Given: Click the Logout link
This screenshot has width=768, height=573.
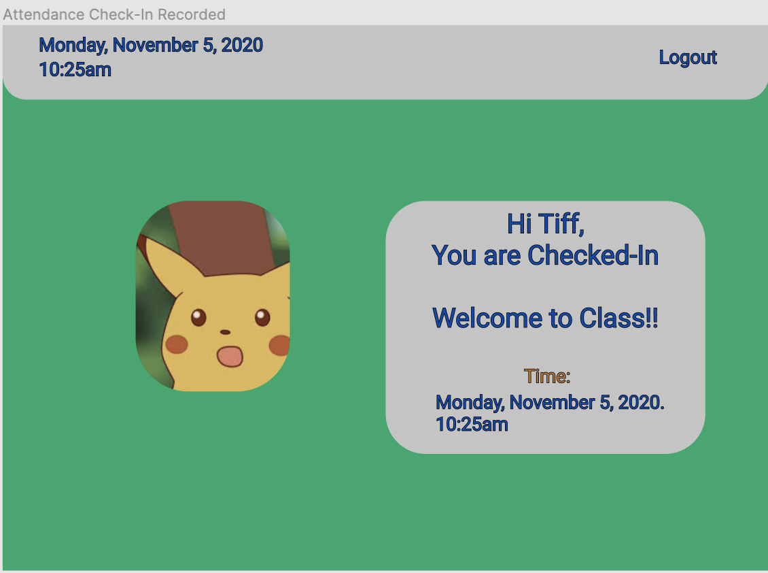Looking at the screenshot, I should pos(688,58).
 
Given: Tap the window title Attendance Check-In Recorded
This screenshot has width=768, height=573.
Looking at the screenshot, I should pos(114,14).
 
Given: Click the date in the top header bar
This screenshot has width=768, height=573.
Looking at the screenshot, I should pos(151,46).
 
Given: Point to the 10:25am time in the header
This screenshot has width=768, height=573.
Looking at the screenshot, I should pos(75,69).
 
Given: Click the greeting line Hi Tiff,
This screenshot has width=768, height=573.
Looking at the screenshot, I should pos(545,223).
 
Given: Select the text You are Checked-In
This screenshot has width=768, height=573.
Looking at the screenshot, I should pos(545,255).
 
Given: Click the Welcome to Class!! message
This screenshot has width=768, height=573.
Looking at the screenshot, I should pos(545,318).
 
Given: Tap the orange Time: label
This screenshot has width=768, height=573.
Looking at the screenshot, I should pos(546,376).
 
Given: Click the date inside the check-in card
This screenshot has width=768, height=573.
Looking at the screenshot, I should pos(549,402).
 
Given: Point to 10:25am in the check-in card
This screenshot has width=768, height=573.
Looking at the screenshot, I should pos(472,425).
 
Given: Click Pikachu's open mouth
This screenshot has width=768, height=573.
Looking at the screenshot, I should pos(230,356).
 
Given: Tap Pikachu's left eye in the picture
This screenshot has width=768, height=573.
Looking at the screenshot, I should pos(198,317).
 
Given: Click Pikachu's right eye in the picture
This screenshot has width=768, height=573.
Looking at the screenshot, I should pos(262,316).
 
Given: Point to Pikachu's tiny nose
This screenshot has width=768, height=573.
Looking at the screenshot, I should pos(225,332).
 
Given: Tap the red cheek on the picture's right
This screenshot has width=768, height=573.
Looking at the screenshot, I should pos(279,346).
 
